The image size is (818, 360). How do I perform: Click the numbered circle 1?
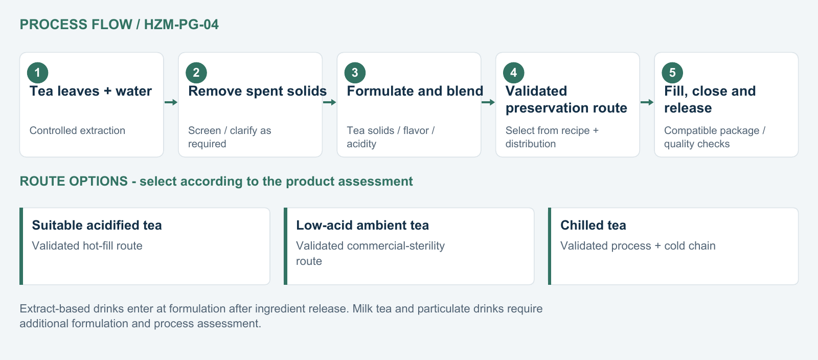coord(38,73)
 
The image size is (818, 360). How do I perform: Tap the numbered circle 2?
coord(196,73)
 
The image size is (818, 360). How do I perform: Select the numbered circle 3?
coord(355,73)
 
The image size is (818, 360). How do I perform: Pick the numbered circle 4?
coord(513,73)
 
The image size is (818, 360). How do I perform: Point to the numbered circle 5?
coord(672,73)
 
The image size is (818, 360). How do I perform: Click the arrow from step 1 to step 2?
coord(171,102)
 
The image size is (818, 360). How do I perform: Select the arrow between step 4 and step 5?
coord(647,102)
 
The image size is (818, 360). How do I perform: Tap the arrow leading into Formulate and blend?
coord(329,102)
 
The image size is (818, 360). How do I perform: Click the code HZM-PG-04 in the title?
coord(181,25)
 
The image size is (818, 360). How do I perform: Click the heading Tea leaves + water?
coord(90,91)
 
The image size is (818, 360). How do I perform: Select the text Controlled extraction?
coord(77,130)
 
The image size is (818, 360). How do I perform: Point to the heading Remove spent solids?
coord(258,91)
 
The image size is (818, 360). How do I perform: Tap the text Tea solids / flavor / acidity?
coord(391,137)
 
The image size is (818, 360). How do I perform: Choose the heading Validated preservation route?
coord(566,99)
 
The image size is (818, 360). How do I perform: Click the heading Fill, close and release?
coord(710,99)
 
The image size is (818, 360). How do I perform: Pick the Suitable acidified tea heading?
coord(97,226)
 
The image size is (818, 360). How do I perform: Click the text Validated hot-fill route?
coord(87,246)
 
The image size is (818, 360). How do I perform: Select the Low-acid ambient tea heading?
coord(362,226)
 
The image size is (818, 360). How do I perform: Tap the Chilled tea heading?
coord(593,226)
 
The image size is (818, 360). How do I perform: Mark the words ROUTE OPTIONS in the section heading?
coord(74,181)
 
